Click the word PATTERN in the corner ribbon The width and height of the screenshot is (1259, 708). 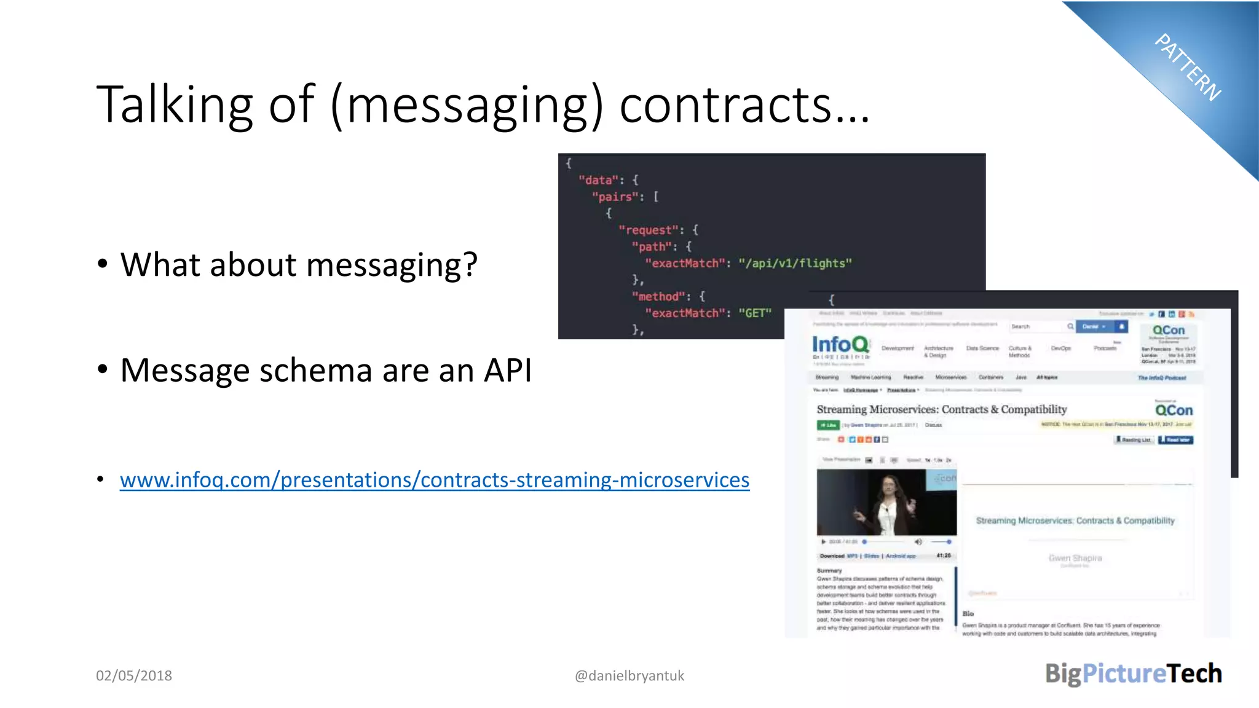(1188, 67)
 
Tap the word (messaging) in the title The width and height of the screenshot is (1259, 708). (467, 106)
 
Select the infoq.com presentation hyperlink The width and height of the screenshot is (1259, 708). (434, 479)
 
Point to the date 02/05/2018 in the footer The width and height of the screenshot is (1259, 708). (134, 675)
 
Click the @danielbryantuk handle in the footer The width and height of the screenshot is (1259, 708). (629, 675)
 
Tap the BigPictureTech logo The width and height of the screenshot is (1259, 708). (1133, 674)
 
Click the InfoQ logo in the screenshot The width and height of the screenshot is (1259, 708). (840, 345)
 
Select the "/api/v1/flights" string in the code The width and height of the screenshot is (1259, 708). (795, 263)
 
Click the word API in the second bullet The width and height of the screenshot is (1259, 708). (508, 370)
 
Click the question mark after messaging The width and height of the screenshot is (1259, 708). (470, 264)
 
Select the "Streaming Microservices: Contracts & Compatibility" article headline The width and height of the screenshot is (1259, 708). (941, 409)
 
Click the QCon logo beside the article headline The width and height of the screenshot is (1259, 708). (1173, 410)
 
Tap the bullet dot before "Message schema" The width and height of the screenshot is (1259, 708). (103, 369)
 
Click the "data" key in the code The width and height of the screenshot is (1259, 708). (598, 180)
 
